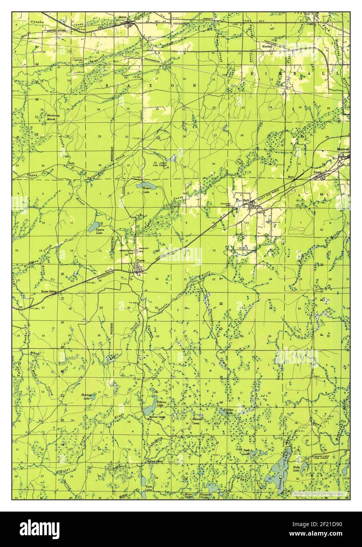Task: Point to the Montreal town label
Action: (x=343, y=150)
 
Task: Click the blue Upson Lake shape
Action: (x=95, y=227)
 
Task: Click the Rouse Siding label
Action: (x=49, y=292)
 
